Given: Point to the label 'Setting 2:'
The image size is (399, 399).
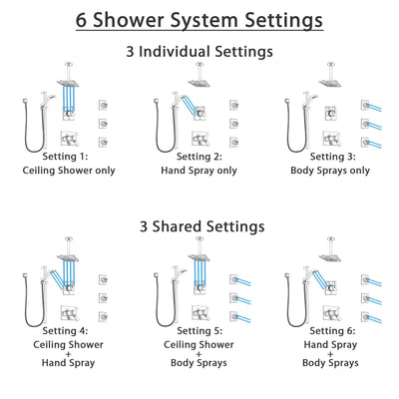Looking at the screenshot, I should point(199,157).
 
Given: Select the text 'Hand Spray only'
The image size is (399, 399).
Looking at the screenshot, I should point(199,171).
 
